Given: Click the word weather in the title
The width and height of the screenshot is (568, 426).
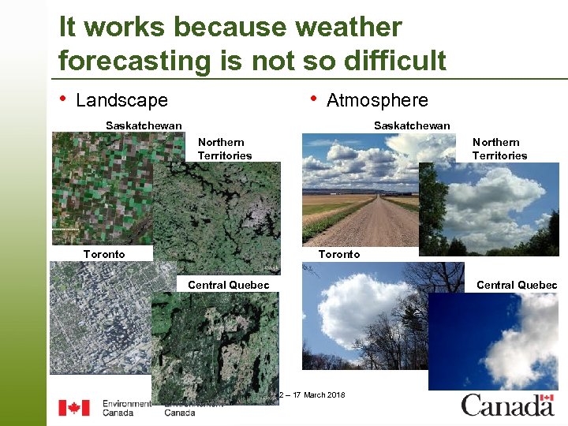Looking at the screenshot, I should [x=348, y=27].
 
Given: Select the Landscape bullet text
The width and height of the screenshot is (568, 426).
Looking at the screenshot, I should [x=121, y=100].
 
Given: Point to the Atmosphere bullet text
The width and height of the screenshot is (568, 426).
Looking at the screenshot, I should [x=377, y=100].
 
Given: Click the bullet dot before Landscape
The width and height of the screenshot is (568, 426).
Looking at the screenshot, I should [x=63, y=99].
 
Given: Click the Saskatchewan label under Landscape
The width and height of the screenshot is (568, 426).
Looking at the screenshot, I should [x=144, y=125].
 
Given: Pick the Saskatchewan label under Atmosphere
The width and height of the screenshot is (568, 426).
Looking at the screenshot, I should [x=412, y=125].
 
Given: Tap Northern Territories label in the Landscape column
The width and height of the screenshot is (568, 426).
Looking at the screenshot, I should [x=225, y=149].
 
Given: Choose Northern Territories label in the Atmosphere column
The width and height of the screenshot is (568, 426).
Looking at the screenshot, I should [x=499, y=149].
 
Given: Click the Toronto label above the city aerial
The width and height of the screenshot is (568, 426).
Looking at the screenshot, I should [x=104, y=254].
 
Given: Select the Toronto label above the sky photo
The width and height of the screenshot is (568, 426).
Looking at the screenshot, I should [x=338, y=254].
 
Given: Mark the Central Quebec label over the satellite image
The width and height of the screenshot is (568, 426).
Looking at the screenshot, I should [x=228, y=285].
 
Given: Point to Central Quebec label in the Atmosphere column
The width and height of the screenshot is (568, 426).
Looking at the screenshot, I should [x=517, y=285].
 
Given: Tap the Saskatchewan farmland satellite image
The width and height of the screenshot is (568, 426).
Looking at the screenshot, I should [x=99, y=185].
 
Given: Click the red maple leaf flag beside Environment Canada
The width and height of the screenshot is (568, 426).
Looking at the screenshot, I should [x=74, y=408].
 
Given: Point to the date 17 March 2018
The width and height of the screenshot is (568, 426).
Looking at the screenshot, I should [x=316, y=394].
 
